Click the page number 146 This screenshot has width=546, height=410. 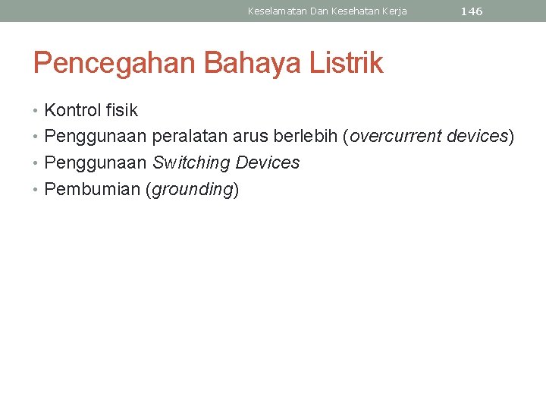pyautogui.click(x=471, y=11)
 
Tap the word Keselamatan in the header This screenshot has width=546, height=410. pyautogui.click(x=277, y=11)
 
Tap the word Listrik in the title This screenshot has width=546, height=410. pyautogui.click(x=346, y=63)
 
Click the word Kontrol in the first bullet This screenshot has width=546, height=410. pyautogui.click(x=73, y=110)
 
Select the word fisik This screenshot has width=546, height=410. pyautogui.click(x=121, y=110)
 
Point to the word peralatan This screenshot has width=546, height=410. pyautogui.click(x=190, y=137)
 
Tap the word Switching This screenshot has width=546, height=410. pyautogui.click(x=191, y=163)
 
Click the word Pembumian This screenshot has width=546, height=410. pyautogui.click(x=92, y=190)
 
